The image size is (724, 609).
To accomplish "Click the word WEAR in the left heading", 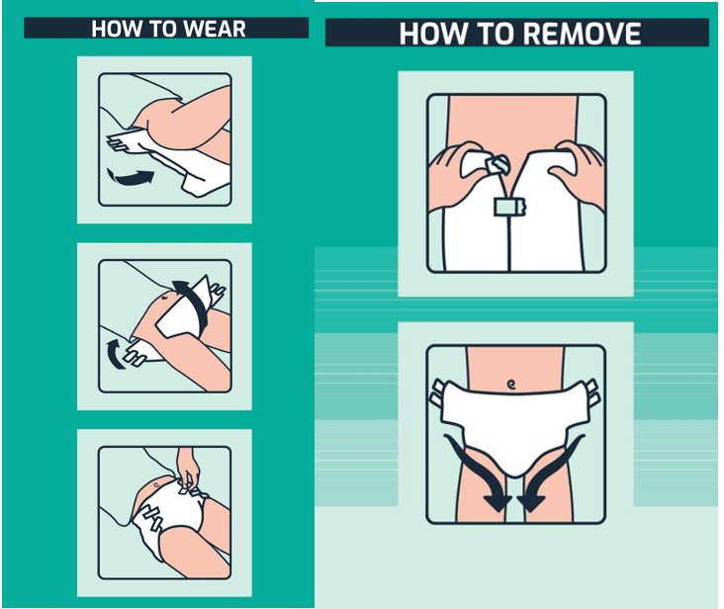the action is [215, 29].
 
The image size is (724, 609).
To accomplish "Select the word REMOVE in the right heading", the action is [583, 34].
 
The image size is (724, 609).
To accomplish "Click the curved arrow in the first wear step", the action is [131, 178].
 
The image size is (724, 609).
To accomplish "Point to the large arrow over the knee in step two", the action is [194, 303].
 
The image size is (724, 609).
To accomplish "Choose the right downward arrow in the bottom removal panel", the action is [550, 476].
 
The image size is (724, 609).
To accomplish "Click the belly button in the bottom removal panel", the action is [510, 384].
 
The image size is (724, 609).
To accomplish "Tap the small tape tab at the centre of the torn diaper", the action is [510, 207].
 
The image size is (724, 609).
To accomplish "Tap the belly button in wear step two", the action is [165, 298].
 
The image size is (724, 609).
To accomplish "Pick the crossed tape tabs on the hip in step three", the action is [151, 516].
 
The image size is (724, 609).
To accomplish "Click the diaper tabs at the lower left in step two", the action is [135, 354].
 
